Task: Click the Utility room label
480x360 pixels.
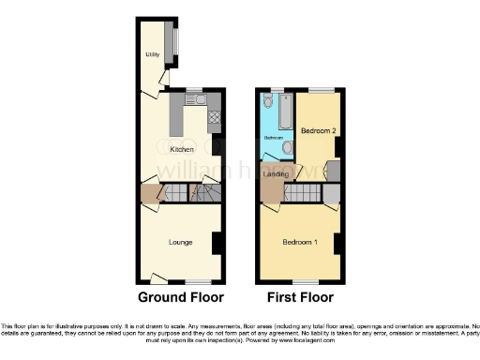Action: (x=151, y=54)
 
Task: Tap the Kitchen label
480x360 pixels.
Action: (x=181, y=149)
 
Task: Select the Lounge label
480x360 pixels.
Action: (x=181, y=242)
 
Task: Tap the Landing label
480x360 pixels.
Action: (x=276, y=173)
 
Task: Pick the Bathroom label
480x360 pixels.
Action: (x=273, y=138)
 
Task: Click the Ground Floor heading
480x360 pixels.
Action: (x=181, y=298)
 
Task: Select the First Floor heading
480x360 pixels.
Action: (x=302, y=298)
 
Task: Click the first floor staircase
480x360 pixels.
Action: (x=302, y=194)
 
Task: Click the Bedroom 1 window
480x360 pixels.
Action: (x=301, y=281)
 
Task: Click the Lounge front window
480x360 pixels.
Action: (x=197, y=281)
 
